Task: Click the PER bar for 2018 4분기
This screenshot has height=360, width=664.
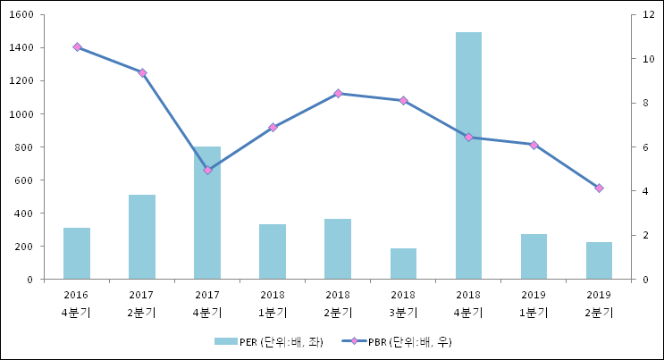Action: point(468,156)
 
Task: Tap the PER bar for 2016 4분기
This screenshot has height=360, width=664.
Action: point(77,254)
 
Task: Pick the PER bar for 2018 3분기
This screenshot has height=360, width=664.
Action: point(403,264)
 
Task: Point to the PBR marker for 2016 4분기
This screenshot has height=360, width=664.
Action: point(77,47)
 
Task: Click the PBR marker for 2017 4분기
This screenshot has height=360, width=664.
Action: point(207,170)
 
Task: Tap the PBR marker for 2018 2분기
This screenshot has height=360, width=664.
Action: point(338,93)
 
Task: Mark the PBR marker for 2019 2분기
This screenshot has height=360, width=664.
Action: point(599,188)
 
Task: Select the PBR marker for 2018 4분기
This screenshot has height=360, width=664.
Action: point(468,137)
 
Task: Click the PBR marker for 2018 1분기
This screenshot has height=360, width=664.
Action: point(273,127)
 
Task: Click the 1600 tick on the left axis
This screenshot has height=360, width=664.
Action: point(21,15)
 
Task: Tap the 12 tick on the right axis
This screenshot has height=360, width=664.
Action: point(649,15)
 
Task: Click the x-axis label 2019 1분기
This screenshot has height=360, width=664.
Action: point(534,304)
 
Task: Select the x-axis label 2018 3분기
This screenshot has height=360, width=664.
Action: point(403,304)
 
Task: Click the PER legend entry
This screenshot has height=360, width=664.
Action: point(268,342)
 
